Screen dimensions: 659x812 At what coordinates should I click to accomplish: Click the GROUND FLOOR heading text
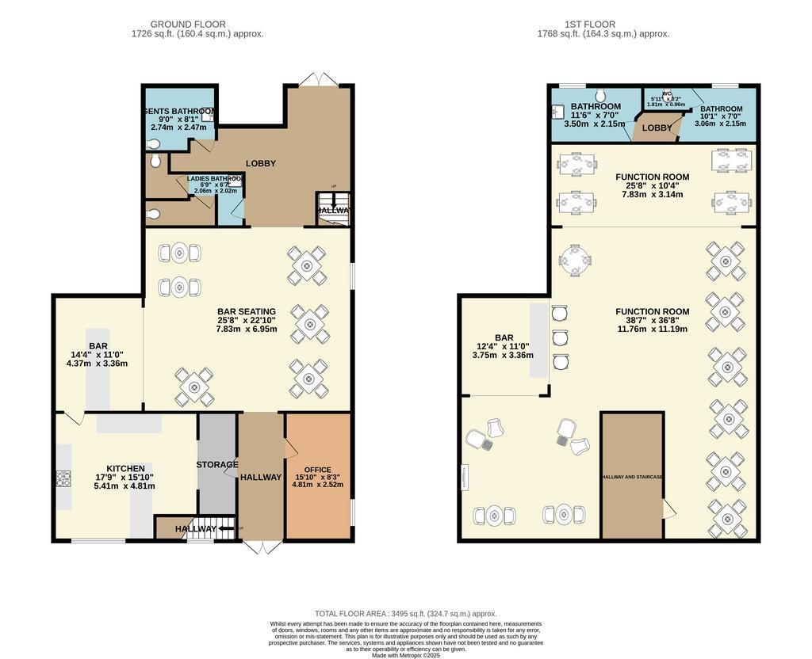pos(188,25)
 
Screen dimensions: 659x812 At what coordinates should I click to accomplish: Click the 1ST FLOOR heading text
pos(587,25)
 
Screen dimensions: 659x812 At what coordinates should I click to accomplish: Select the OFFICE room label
pos(317,470)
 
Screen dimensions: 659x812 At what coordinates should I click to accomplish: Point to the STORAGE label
pos(217,464)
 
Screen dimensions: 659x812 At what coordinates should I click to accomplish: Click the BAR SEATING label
pos(247,311)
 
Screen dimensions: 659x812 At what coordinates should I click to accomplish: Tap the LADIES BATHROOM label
pos(215,179)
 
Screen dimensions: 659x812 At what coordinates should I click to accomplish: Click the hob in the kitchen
pos(63,479)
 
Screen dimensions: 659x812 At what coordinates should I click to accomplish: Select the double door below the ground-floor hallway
pos(260,547)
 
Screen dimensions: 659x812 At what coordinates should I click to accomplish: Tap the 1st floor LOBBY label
pos(657,128)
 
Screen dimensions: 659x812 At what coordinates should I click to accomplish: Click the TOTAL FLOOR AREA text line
pos(405,613)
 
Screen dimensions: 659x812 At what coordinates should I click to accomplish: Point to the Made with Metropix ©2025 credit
pos(405,654)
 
